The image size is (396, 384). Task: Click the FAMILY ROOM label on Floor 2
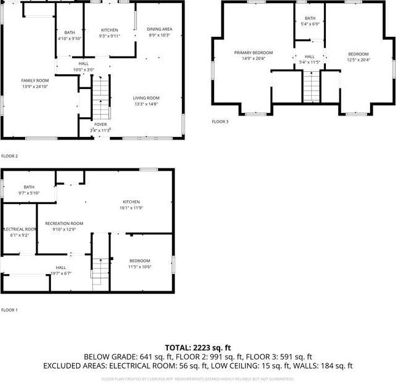coord(34,80)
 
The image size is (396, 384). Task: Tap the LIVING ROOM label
coord(146,98)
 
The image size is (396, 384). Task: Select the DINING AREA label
coord(159,29)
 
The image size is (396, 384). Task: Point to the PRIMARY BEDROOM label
coord(253,53)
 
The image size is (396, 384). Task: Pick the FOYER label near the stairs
coord(100,124)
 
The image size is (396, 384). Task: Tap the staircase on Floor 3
coord(312,81)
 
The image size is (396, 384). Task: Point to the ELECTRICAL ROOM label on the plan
coord(20,229)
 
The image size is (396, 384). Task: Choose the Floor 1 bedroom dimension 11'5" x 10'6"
coord(140,267)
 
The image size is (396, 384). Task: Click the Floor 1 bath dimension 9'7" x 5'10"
coord(30,193)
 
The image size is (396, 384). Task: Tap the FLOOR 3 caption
coord(220,122)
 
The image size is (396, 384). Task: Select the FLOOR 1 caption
coord(9,310)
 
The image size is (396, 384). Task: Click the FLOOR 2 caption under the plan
coord(9,156)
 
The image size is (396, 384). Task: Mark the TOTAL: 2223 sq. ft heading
coord(197,347)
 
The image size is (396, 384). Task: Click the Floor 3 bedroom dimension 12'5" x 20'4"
coord(358,60)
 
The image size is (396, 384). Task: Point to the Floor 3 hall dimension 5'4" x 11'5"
coord(310,62)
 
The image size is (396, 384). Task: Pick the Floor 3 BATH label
coord(309,18)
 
